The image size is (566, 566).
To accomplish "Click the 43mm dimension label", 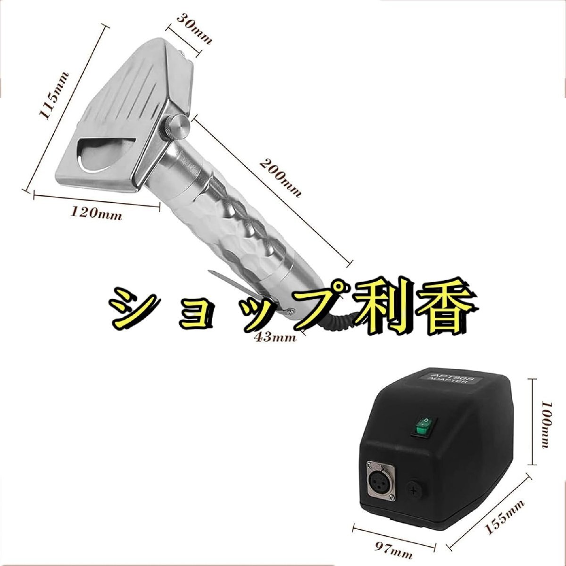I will [x=275, y=337].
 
